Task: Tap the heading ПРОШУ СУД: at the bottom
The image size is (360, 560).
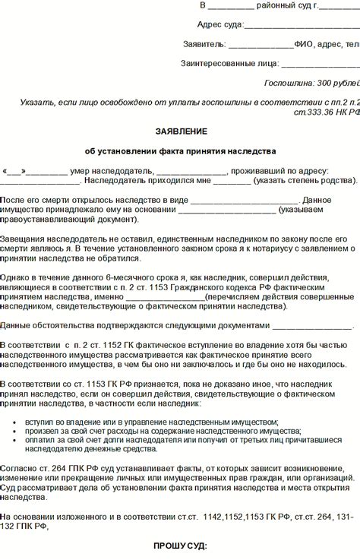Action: point(179,547)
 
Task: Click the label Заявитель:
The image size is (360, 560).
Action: point(204,44)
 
